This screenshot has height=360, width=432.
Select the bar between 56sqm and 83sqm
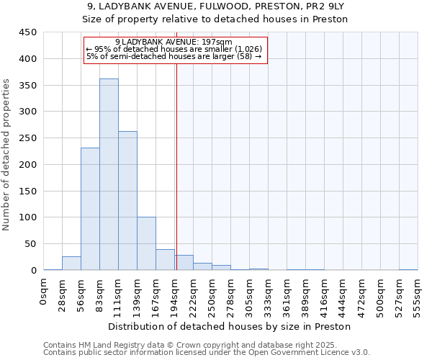coord(90,209)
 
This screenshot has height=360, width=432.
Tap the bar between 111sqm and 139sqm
coord(127,201)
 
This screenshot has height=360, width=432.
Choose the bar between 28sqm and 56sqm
coord(71,263)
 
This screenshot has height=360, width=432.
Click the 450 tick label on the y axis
coord(28,32)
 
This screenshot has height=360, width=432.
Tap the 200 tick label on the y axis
coord(28,164)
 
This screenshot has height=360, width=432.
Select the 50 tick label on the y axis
coord(31,243)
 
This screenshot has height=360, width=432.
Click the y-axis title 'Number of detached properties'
coord(6,155)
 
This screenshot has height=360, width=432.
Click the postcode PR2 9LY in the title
coord(317,6)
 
